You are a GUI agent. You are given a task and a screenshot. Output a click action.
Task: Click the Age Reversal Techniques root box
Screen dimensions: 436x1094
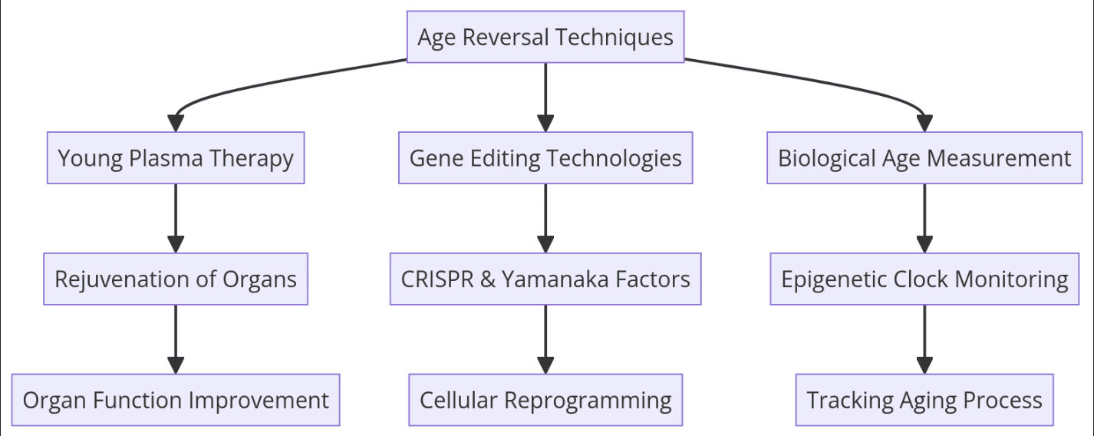(x=545, y=37)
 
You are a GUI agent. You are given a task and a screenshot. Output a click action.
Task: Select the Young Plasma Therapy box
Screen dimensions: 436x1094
(x=176, y=158)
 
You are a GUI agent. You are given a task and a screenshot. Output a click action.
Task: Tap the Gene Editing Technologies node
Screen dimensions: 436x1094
(x=545, y=158)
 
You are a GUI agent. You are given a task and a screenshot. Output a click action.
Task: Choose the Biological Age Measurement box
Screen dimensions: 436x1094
(x=924, y=158)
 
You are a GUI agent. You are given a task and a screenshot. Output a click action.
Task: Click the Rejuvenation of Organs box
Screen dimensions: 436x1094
(x=176, y=279)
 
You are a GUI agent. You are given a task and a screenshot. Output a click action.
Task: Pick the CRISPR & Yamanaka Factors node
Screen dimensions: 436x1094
(x=545, y=279)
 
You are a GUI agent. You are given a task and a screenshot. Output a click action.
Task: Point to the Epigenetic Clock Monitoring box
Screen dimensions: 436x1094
(x=924, y=279)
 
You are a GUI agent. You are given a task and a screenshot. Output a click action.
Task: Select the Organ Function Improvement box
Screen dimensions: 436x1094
(x=176, y=400)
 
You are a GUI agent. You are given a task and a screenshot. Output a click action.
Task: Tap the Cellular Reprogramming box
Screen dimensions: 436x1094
(x=545, y=400)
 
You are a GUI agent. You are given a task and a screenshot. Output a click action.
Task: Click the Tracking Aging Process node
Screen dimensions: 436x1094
(x=924, y=400)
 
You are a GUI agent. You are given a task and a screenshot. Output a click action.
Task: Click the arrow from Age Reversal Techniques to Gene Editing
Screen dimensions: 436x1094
(x=545, y=96)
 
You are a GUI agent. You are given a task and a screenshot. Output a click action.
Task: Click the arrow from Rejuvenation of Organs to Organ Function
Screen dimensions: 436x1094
(x=176, y=339)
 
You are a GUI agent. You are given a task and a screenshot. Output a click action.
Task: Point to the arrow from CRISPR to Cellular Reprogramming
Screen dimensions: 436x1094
(x=545, y=339)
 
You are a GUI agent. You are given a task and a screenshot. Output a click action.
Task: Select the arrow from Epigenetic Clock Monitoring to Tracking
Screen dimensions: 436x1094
(x=924, y=339)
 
